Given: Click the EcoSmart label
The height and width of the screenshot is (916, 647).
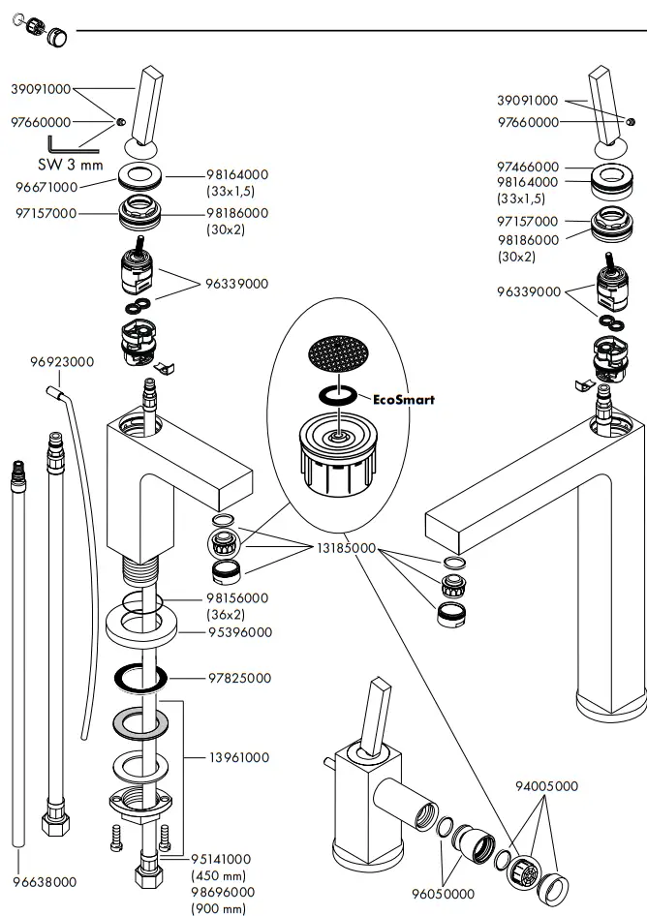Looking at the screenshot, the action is coord(404,400).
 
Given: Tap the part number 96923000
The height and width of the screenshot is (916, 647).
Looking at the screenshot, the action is coord(62,361).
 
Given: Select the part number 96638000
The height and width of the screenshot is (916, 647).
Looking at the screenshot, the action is coord(45,882).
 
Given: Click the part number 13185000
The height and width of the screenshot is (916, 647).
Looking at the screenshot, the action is coord(346,549).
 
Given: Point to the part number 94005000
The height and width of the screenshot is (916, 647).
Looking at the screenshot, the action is coord(546,786).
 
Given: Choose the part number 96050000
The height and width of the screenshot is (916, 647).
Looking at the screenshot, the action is coord(443,894).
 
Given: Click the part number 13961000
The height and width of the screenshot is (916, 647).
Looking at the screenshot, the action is coord(239,758).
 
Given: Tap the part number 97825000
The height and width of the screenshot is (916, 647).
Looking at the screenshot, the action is coord(239,678).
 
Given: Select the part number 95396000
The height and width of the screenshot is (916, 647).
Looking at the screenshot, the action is coord(240,632).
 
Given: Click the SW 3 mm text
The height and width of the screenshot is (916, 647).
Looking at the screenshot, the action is coord(71,165).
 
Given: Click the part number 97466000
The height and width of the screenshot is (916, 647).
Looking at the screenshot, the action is coord(528,168).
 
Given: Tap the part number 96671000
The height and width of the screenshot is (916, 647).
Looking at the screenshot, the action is coord(46,187).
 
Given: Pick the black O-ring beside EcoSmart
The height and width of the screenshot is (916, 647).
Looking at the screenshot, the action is coord(338,395).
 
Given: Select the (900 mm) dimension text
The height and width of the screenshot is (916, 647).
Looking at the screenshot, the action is coord(219,908).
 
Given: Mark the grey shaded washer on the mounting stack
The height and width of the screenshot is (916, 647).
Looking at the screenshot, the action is coord(140,724).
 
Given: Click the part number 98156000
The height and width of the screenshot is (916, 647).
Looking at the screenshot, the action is coord(237,598).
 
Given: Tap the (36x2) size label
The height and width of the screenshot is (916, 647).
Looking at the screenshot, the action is coord(226,615).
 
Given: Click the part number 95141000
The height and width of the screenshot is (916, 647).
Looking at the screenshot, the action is coord(221,859).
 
